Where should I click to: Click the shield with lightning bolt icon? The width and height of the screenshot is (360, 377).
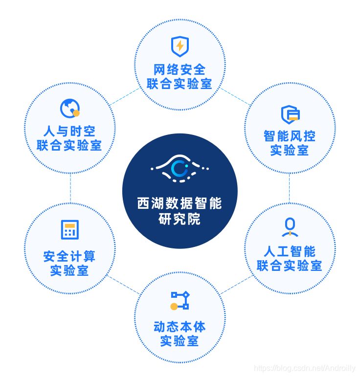click(180, 46)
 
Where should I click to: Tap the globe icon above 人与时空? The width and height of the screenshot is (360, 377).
click(69, 108)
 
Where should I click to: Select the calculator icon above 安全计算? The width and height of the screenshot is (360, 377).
click(69, 230)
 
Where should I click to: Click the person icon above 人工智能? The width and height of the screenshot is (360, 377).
click(290, 226)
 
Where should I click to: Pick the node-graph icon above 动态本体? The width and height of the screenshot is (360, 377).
click(180, 301)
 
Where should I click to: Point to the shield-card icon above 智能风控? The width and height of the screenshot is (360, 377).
click(290, 114)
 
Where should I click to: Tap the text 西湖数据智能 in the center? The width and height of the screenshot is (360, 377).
click(180, 203)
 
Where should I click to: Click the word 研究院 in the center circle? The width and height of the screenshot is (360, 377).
click(180, 219)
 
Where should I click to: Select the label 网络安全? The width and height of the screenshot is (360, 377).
click(180, 70)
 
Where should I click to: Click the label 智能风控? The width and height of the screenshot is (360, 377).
click(290, 136)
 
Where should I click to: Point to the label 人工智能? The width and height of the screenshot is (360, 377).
click(290, 251)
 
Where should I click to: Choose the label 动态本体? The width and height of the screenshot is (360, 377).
click(180, 327)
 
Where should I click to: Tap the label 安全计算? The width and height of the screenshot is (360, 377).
click(69, 256)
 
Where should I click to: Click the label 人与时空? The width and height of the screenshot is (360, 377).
click(69, 131)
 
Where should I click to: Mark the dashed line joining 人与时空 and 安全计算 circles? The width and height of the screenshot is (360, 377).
click(70, 188)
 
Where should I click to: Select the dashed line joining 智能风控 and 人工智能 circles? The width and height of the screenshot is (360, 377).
click(290, 188)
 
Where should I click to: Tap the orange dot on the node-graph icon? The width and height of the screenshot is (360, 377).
click(174, 307)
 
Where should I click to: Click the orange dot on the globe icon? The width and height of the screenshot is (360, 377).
click(76, 113)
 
